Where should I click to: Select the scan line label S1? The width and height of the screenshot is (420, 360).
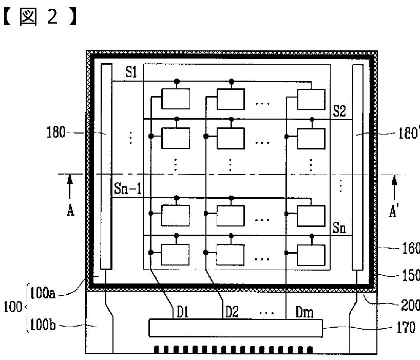click(131, 72)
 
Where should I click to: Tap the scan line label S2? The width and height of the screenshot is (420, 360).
click(339, 111)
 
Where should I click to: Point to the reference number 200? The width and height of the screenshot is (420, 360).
click(410, 305)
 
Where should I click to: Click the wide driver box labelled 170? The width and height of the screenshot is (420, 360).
click(236, 328)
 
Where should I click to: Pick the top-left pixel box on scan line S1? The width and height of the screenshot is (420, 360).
click(176, 98)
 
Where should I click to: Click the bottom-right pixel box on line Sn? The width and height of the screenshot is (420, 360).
click(311, 255)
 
